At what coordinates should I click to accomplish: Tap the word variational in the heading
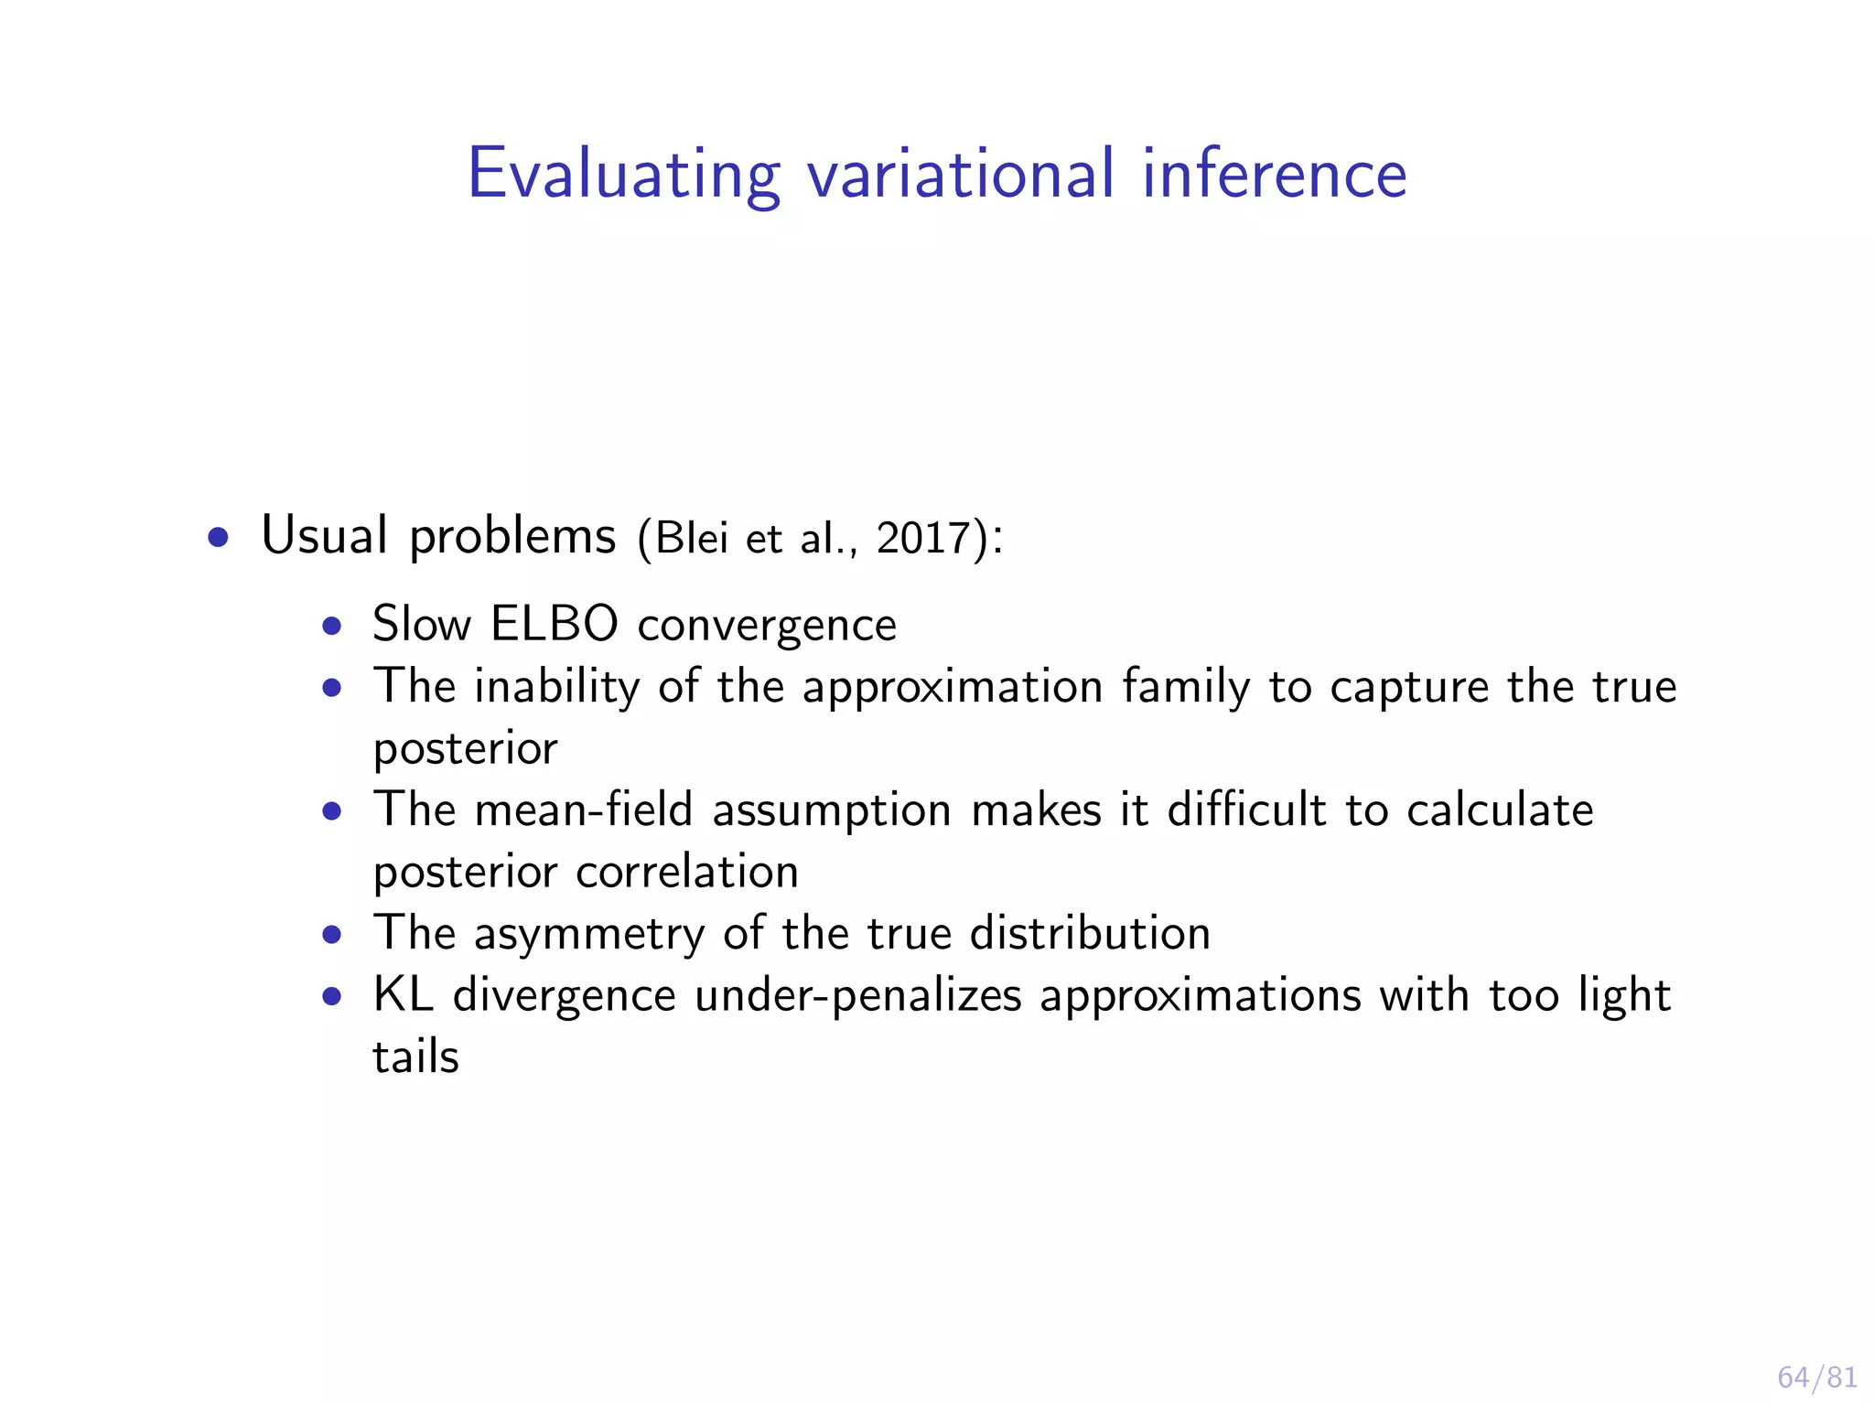(x=961, y=174)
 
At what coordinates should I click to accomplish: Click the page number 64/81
(x=1816, y=1377)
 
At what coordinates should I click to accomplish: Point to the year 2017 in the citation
(x=922, y=537)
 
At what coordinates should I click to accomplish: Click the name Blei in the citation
(x=692, y=537)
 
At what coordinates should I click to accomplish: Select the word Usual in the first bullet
(x=324, y=535)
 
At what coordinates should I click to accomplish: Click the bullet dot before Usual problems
(x=218, y=538)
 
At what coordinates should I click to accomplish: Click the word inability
(x=556, y=686)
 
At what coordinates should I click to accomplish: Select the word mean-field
(x=583, y=810)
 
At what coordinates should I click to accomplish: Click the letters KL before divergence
(x=403, y=994)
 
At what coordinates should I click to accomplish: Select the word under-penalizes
(x=857, y=996)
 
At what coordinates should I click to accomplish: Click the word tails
(x=415, y=1056)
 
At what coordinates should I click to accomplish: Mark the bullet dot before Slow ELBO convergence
(x=332, y=627)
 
